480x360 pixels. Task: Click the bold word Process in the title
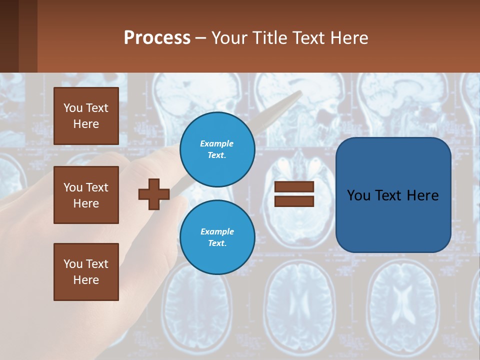(x=157, y=38)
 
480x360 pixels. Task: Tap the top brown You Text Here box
(x=86, y=116)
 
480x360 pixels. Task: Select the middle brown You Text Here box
(x=86, y=195)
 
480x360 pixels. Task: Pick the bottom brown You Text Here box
(x=86, y=272)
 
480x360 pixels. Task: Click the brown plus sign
(x=154, y=194)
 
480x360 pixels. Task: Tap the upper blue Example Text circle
(x=217, y=149)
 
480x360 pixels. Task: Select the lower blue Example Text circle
(x=217, y=237)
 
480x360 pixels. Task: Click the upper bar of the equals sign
(x=294, y=187)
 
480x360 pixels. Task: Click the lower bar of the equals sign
(x=294, y=201)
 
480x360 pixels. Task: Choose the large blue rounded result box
(x=393, y=220)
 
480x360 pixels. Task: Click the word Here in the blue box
(x=422, y=195)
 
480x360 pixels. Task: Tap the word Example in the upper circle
(x=217, y=144)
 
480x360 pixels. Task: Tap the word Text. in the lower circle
(x=217, y=243)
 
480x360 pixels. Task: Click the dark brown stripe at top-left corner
(x=9, y=36)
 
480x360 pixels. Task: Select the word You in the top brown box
(x=73, y=108)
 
